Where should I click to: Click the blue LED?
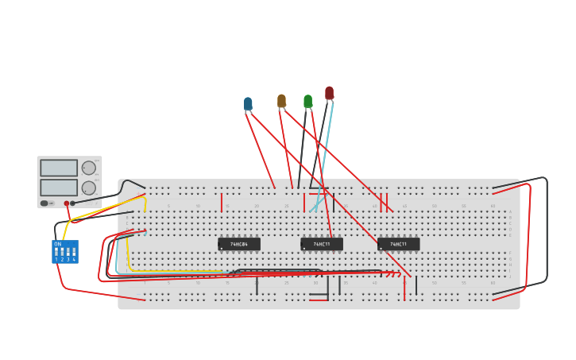tap(248, 104)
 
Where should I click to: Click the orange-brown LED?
tap(281, 101)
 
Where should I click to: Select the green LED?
tap(307, 101)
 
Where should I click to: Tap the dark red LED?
tap(329, 93)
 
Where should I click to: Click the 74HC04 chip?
tap(239, 244)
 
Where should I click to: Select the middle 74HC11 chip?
tap(322, 244)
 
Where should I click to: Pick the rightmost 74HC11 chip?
tap(398, 244)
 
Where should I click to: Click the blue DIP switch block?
tap(65, 252)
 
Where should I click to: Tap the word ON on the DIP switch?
tap(57, 244)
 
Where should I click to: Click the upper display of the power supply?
tap(59, 168)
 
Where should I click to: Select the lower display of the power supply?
tap(59, 188)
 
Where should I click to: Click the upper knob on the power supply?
tap(88, 168)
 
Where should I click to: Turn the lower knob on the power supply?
tap(88, 188)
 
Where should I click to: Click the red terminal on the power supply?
tap(67, 203)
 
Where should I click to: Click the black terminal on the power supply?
tap(73, 203)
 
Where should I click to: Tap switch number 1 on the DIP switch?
tap(56, 253)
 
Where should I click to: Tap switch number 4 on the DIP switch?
tap(74, 253)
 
